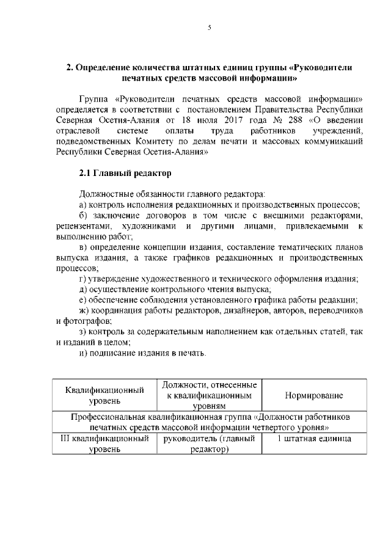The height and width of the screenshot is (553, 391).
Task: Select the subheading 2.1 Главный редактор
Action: click(x=121, y=174)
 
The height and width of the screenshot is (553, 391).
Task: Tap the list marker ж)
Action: click(x=86, y=309)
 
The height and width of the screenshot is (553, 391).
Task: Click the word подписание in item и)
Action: click(x=112, y=353)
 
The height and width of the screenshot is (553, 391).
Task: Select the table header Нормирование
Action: click(x=313, y=395)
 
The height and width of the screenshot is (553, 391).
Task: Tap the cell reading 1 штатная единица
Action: click(x=313, y=438)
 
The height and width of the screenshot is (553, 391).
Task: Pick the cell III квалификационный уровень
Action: click(x=104, y=444)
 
